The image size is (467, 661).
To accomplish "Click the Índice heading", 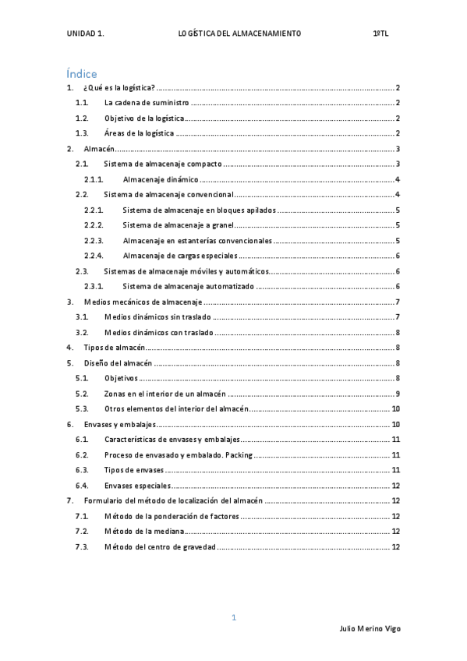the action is click(x=81, y=74).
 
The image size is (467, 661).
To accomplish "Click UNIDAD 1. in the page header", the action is click(x=86, y=34).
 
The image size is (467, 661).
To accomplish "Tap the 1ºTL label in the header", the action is click(x=380, y=34).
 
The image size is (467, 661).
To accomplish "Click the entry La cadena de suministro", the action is click(x=147, y=103).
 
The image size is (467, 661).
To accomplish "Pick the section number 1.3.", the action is click(x=83, y=133).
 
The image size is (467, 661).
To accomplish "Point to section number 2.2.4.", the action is click(x=94, y=255).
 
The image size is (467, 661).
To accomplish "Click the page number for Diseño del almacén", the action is click(x=398, y=362).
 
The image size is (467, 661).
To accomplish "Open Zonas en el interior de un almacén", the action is click(x=165, y=393).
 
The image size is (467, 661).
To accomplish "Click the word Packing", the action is click(x=238, y=454).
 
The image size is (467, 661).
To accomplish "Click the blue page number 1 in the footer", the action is click(x=233, y=617).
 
